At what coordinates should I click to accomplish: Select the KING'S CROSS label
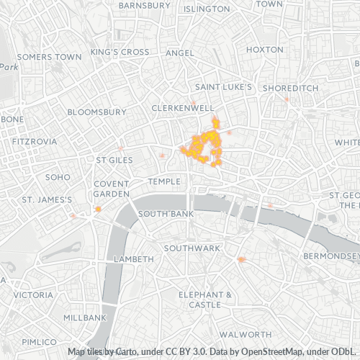pos(120,53)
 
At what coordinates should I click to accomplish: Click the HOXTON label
pos(265,50)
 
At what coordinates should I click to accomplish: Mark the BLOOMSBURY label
pos(96,112)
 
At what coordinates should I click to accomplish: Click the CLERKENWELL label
pos(183,107)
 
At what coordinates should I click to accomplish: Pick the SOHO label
pos(57,176)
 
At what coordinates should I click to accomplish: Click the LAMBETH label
pos(134,258)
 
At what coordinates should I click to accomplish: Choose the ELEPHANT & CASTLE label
pos(205,300)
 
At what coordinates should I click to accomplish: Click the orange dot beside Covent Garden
pos(98,210)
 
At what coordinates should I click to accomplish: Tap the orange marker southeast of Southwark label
pos(242,259)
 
